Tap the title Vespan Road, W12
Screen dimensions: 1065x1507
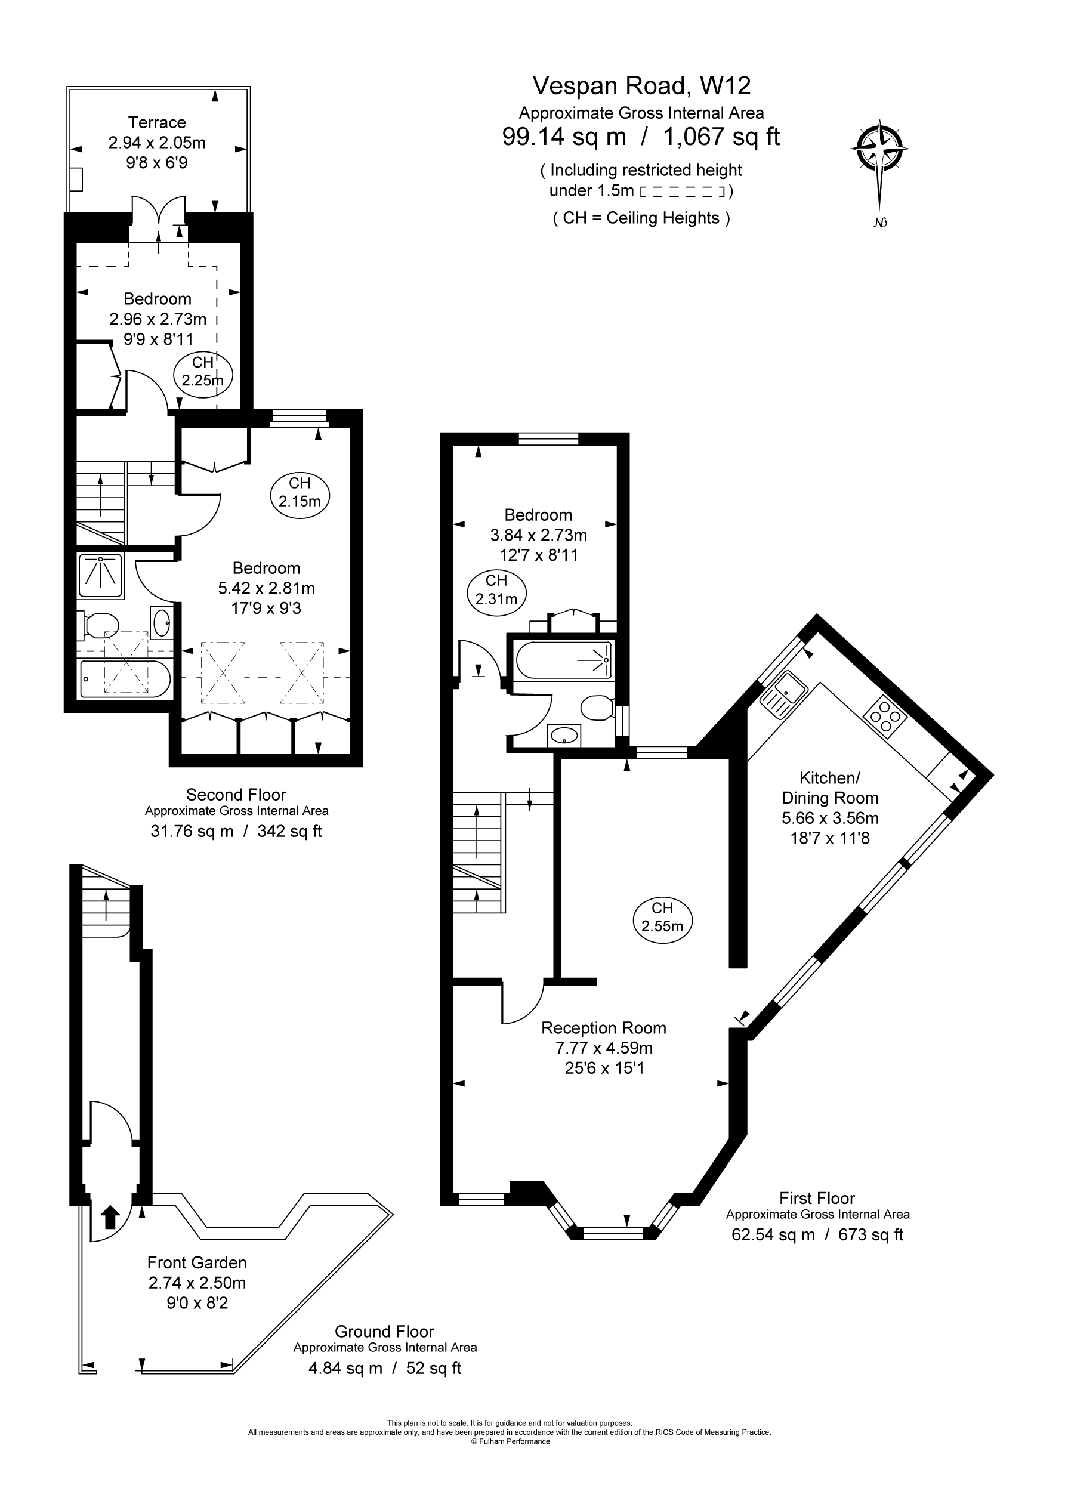pos(641,85)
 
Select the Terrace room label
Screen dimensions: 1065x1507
pos(157,123)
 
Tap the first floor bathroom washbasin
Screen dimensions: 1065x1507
pos(564,735)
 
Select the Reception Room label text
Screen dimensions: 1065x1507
pos(603,1028)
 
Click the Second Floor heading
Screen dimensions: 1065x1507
pos(236,795)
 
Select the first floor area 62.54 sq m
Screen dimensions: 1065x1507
pos(773,1234)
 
